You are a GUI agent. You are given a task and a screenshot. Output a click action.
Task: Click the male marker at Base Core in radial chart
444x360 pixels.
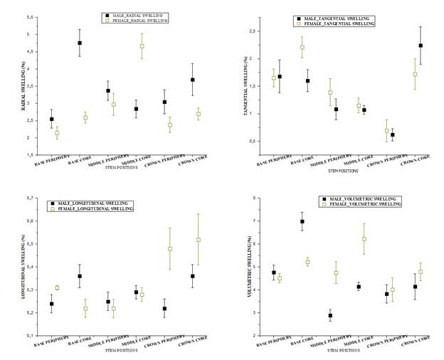pyautogui.click(x=80, y=43)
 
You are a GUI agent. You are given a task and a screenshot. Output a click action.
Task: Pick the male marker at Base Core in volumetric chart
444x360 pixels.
pyautogui.click(x=302, y=221)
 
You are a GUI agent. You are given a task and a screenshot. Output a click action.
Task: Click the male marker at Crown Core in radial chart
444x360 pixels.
pyautogui.click(x=192, y=80)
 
